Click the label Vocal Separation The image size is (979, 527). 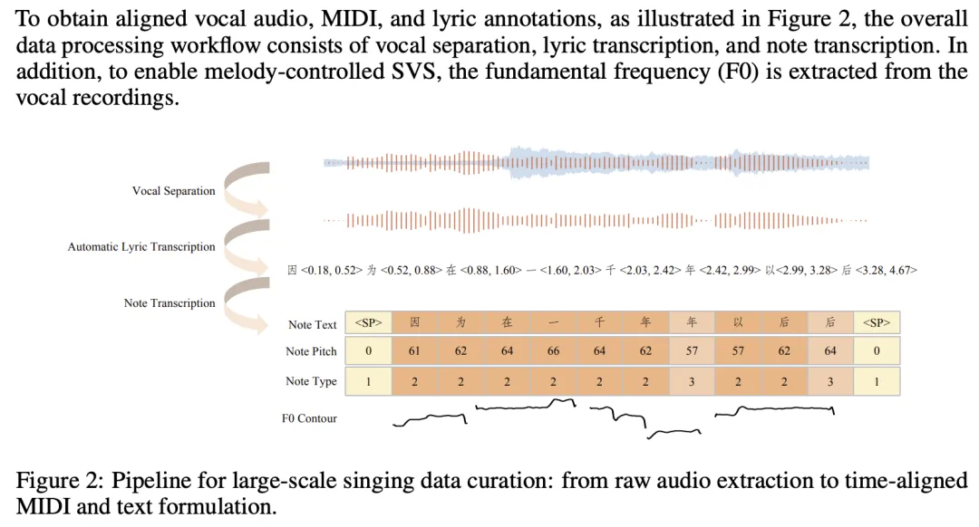174,191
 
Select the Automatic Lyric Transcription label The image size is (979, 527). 141,246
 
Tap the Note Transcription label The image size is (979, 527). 170,303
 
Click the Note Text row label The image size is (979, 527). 312,324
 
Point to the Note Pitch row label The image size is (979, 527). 311,351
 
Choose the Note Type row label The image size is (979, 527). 311,381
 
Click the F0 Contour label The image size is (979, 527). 309,418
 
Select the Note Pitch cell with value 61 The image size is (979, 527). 414,351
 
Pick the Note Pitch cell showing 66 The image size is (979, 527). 553,351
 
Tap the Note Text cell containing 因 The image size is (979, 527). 414,323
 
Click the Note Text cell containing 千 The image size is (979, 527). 599,323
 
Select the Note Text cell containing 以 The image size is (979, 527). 738,323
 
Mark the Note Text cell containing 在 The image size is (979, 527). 507,323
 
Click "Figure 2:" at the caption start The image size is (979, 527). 54,481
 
